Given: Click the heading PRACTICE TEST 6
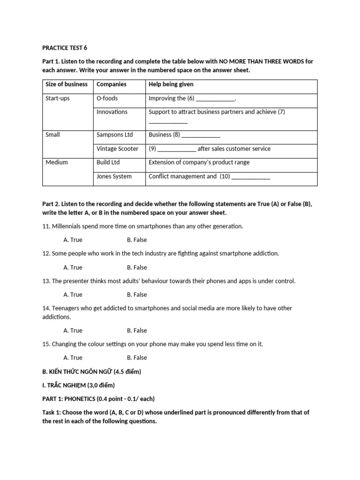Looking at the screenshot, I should coord(65,48).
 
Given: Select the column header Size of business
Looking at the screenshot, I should coord(66,84).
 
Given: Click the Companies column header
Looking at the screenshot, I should coord(111,84).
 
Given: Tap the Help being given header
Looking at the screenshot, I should coord(171,84).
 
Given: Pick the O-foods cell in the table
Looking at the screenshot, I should coord(107,98).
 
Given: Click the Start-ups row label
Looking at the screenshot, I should coord(57,98).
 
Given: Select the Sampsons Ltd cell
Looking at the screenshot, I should coord(114,135).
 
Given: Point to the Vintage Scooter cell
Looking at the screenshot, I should coord(117,149).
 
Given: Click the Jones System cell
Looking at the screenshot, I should coord(114,176).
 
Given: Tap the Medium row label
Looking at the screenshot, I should coord(56,162).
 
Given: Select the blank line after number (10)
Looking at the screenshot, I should coord(251,177).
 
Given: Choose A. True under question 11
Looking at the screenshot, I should coord(73,240).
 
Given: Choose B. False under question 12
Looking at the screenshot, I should coord(136,267).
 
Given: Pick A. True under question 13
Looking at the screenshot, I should coord(73,294).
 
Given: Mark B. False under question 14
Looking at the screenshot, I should coord(136,330).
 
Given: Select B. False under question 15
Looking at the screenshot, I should coord(136,357).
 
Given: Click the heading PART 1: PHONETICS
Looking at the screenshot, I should coord(98,398).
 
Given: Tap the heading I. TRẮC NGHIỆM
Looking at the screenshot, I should coord(78,385).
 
